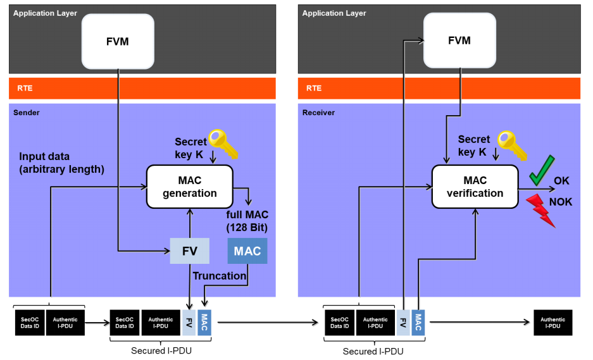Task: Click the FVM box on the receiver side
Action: [459, 40]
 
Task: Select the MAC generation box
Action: [190, 187]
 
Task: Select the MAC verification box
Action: [475, 187]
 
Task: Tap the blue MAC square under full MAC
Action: [247, 251]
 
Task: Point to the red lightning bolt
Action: [542, 209]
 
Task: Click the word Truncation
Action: [220, 276]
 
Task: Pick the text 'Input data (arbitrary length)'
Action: [61, 163]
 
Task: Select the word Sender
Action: [27, 112]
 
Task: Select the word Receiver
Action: [318, 112]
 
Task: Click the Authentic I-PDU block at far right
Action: [553, 323]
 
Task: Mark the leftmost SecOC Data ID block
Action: [30, 323]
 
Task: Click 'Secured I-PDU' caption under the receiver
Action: [373, 351]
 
